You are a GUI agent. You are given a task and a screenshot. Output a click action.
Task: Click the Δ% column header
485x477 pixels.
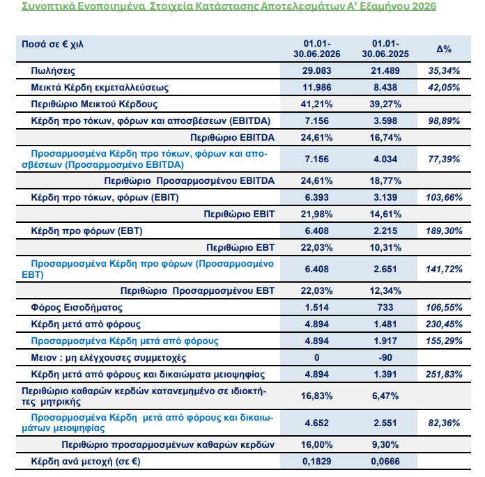[444, 49]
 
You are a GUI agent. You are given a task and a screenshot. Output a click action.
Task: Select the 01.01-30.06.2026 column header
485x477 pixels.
[317, 49]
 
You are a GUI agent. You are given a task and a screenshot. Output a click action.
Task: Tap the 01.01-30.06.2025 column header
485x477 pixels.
[385, 49]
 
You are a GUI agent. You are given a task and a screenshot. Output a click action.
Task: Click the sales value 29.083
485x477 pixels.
[317, 70]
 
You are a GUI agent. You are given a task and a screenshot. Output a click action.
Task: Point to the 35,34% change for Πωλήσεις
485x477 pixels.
[444, 70]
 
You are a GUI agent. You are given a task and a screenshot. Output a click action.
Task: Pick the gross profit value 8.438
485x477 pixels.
[385, 87]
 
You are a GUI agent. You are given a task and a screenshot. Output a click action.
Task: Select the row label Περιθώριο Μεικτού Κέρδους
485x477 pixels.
[94, 104]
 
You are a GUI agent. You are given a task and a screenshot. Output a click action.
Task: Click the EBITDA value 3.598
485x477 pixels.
[385, 120]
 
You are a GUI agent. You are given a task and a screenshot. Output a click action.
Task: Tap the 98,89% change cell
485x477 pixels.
[444, 120]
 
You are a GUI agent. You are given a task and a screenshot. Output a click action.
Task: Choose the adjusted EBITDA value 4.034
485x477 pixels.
[385, 159]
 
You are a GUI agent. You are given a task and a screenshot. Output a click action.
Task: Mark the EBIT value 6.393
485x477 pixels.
[317, 197]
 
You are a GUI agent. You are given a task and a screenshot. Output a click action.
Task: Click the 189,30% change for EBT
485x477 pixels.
[444, 230]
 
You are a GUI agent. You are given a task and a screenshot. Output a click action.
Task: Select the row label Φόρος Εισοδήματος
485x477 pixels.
[77, 307]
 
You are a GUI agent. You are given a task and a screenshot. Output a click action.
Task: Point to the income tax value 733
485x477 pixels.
[385, 307]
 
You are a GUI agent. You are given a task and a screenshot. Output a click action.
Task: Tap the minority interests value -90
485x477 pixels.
[385, 357]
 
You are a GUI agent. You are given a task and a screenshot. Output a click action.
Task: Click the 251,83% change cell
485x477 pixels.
[444, 374]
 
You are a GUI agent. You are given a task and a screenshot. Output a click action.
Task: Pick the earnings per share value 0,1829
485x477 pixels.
[317, 461]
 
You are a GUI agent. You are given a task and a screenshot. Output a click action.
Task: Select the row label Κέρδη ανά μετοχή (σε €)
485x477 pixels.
[86, 461]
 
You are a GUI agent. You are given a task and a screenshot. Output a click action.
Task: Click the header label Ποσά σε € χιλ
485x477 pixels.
[52, 44]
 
